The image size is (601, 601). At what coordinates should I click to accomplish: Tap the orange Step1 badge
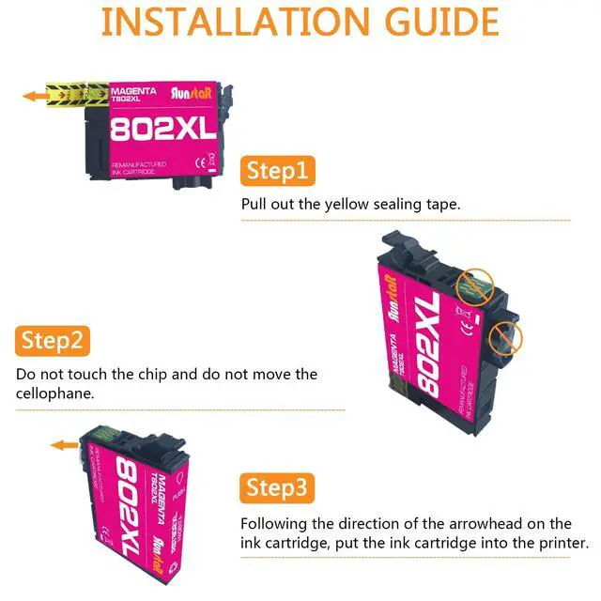(x=277, y=171)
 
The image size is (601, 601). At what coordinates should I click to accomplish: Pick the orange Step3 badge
(x=277, y=488)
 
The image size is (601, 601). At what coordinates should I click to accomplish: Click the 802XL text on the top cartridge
(x=162, y=131)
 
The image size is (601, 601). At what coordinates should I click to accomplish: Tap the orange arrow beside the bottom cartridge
(x=65, y=445)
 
